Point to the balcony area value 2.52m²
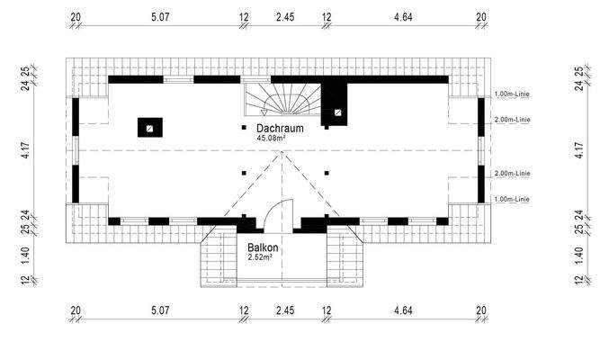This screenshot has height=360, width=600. click(x=260, y=257)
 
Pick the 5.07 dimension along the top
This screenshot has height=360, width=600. click(x=158, y=17)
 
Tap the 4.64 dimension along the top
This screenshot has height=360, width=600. click(x=403, y=17)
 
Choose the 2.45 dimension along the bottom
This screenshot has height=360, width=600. click(x=284, y=311)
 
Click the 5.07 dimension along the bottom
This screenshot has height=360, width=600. click(x=158, y=311)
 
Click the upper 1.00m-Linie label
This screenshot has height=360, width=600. click(x=513, y=94)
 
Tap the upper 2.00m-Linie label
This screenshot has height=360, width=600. click(x=513, y=119)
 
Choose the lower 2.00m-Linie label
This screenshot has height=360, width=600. click(x=513, y=172)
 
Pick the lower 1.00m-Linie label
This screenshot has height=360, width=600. click(x=513, y=198)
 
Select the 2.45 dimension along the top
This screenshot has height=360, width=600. click(x=284, y=17)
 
